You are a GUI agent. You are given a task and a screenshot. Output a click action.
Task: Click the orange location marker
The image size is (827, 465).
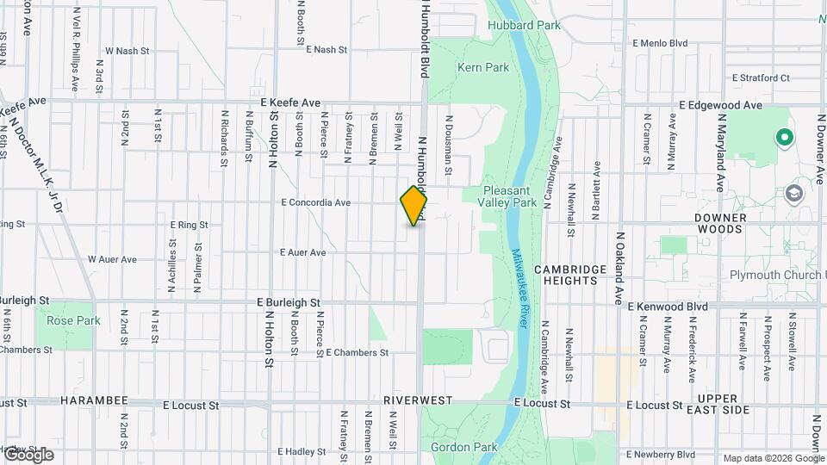(x=413, y=206)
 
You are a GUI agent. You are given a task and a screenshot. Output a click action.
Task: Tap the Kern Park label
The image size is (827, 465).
(x=483, y=67)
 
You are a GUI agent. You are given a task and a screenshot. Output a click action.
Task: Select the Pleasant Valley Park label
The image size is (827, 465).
(x=510, y=196)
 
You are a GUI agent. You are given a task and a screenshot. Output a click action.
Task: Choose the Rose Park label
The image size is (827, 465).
(x=61, y=320)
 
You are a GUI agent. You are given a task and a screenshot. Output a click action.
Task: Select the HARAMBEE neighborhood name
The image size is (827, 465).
(x=94, y=402)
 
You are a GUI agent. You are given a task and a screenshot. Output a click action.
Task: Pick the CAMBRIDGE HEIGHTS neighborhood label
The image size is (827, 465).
(x=570, y=276)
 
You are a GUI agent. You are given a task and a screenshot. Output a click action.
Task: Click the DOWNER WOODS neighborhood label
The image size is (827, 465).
(x=719, y=224)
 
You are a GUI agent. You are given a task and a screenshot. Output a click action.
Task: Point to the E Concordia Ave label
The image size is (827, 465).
(x=315, y=203)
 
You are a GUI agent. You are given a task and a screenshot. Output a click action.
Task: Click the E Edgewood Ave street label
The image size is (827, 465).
(x=720, y=105)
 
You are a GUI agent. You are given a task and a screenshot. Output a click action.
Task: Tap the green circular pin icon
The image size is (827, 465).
(x=785, y=136)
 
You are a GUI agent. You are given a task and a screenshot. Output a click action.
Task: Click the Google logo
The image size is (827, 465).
(x=28, y=454)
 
